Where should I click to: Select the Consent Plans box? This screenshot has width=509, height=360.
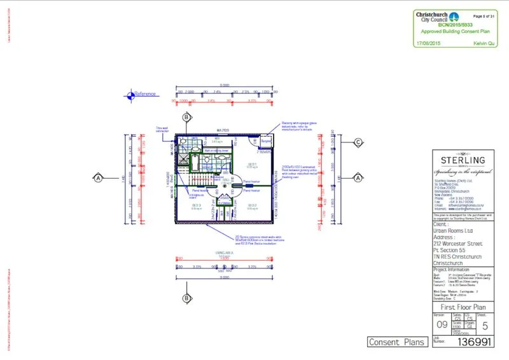(x=396, y=342)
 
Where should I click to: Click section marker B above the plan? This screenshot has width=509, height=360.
(x=186, y=118)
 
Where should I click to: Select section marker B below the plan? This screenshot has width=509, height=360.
(x=186, y=298)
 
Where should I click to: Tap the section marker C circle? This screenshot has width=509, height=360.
(x=358, y=142)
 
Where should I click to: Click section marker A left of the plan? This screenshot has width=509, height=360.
(x=99, y=177)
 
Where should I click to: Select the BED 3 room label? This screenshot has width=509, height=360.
(x=196, y=206)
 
